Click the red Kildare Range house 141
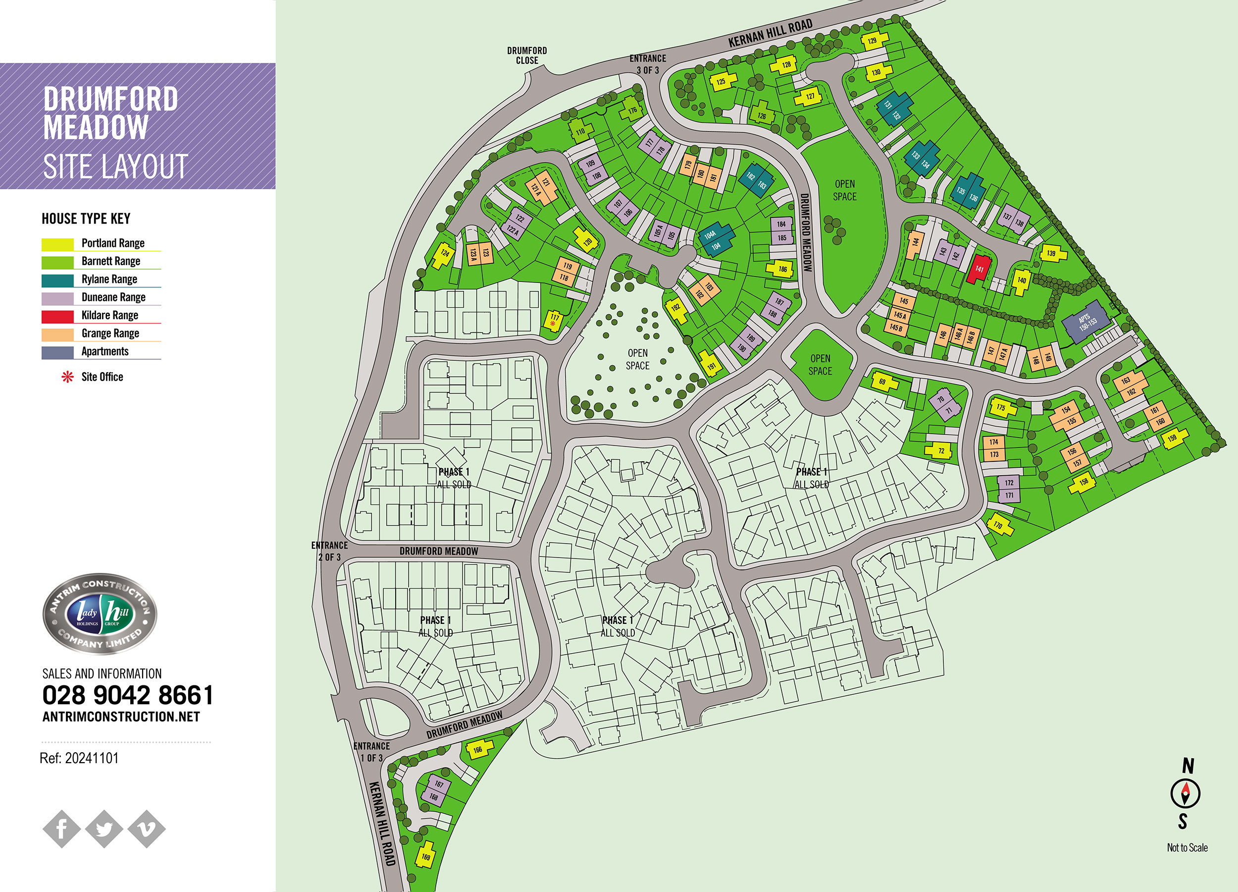click(979, 269)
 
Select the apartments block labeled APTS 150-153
click(1086, 322)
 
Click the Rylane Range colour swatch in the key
click(57, 280)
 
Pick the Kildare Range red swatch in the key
click(57, 316)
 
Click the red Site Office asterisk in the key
click(67, 377)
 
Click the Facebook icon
click(62, 829)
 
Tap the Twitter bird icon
click(104, 829)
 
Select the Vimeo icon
click(146, 829)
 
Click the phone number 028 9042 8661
click(128, 695)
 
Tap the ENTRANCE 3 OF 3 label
click(647, 64)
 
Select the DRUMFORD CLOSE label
click(527, 55)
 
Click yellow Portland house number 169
click(426, 855)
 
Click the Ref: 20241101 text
click(79, 758)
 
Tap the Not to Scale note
click(1186, 848)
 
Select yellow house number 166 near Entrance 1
click(478, 749)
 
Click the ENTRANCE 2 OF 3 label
click(329, 551)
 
